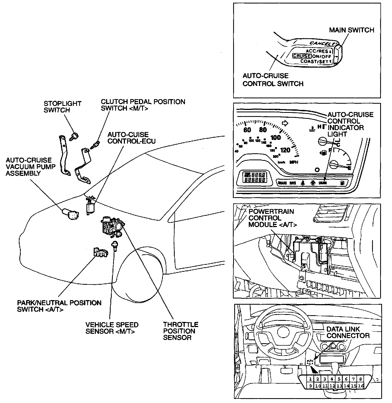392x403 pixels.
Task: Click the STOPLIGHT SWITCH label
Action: [x=62, y=107]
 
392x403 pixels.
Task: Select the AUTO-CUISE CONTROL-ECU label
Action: [x=131, y=138]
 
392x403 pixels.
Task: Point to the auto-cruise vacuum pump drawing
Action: [x=71, y=214]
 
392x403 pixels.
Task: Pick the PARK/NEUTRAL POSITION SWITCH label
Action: [x=59, y=306]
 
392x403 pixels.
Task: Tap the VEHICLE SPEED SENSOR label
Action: [x=112, y=328]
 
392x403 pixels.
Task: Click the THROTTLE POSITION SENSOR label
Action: [x=180, y=331]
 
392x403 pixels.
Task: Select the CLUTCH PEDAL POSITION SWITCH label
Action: [x=143, y=105]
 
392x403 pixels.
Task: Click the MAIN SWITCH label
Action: [x=351, y=30]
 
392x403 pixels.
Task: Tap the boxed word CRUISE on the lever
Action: [x=302, y=56]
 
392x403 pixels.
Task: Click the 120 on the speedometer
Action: [x=285, y=150]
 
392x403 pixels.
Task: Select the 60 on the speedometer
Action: [x=247, y=130]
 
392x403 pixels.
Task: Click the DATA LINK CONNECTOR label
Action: [x=348, y=332]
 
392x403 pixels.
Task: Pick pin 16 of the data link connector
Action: [x=360, y=386]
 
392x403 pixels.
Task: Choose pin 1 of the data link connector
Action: [x=310, y=379]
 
